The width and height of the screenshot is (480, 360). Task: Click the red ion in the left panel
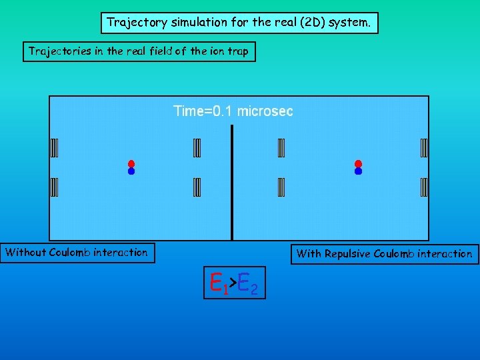pos(131,163)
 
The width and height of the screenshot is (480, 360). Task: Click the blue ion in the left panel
pos(131,171)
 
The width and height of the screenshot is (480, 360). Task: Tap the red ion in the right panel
pos(358,163)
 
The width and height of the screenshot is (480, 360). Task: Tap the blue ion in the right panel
pos(358,171)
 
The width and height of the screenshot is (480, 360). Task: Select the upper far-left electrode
pos(54,147)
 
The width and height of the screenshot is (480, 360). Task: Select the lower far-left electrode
pos(54,187)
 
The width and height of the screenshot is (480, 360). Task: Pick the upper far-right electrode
pos(424,147)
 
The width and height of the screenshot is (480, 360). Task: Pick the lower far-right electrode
pos(424,187)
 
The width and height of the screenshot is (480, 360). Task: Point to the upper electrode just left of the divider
pos(197,147)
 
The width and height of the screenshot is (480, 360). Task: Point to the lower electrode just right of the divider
pos(281,187)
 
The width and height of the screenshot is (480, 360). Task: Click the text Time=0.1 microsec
pos(233,111)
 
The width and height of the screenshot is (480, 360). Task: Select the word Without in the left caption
pos(26,252)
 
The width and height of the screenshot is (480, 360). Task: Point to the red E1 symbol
pos(217,283)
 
